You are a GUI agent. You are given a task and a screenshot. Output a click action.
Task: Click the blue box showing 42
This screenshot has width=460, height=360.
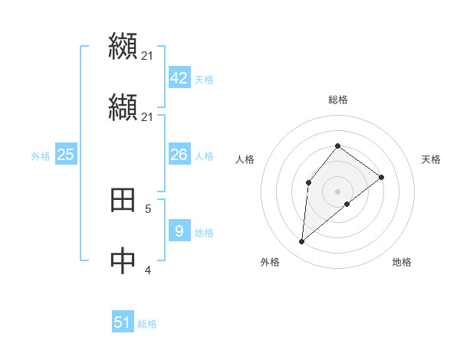(179, 78)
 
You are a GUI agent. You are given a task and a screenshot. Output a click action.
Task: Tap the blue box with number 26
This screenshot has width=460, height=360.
(179, 155)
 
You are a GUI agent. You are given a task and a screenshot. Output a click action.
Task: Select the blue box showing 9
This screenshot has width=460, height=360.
(179, 231)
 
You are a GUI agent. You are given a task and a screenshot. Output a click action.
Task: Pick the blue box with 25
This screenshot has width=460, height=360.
(65, 155)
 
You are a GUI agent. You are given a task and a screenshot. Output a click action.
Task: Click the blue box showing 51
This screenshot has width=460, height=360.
(123, 322)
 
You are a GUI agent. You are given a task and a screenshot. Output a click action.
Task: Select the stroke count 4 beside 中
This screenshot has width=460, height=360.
(148, 270)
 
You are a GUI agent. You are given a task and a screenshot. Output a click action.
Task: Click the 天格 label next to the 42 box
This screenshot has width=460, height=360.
(203, 80)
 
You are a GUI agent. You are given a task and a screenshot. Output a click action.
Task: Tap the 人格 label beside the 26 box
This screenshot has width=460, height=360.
(203, 156)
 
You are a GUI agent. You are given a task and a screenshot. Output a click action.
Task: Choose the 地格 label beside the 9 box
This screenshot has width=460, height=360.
(203, 233)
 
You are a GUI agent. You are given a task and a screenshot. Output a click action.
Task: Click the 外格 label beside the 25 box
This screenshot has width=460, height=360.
(41, 156)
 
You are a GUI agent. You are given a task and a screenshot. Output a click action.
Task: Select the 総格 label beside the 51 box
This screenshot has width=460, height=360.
(147, 324)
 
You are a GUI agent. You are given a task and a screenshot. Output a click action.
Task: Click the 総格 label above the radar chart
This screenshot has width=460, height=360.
(337, 100)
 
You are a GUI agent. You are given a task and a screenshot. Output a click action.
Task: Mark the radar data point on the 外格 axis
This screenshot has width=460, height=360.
(302, 242)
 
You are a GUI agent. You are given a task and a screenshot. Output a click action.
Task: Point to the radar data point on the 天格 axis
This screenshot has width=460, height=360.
(381, 177)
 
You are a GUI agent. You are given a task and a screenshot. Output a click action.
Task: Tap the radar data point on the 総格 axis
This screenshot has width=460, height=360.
(337, 146)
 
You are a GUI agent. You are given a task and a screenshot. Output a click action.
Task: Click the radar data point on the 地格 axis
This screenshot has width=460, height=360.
(347, 204)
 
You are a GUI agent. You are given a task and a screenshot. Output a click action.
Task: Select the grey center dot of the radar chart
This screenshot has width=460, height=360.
(337, 191)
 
